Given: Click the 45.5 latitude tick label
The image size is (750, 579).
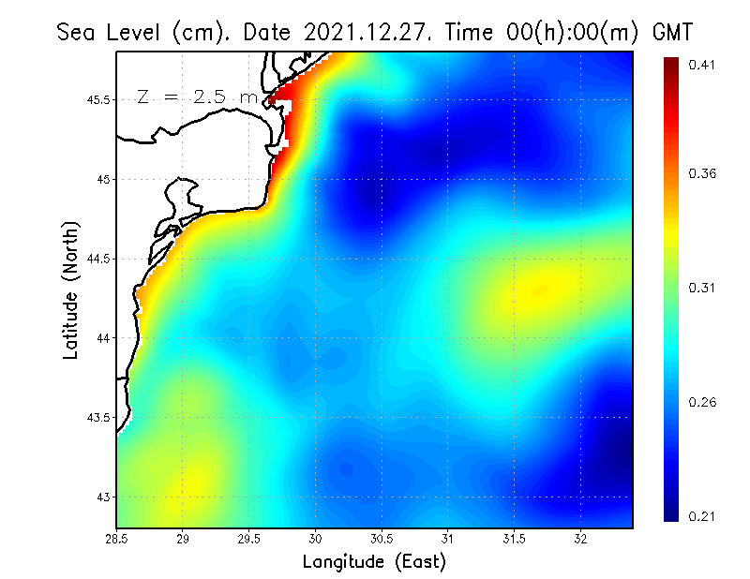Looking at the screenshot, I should coord(97,99).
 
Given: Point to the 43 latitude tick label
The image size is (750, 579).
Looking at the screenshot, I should coord(102,496).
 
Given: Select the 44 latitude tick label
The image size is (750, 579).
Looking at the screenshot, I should coord(102,337).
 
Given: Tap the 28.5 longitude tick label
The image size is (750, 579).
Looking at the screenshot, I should coord(117,539).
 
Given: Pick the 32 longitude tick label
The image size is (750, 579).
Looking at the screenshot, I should coord(581,539).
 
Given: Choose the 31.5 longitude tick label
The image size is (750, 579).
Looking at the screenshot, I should coord(515,539).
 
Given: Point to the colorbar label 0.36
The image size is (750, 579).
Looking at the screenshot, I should coord(702,173).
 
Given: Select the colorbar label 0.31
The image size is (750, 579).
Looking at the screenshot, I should coord(702,288).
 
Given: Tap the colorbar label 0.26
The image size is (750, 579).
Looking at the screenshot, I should coord(702,402).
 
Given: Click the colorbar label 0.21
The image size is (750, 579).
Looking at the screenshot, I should coord(702,516).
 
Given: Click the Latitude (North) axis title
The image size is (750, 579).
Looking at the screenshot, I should coord(71,289).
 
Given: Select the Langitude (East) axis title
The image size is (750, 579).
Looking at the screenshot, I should coord(374,561).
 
